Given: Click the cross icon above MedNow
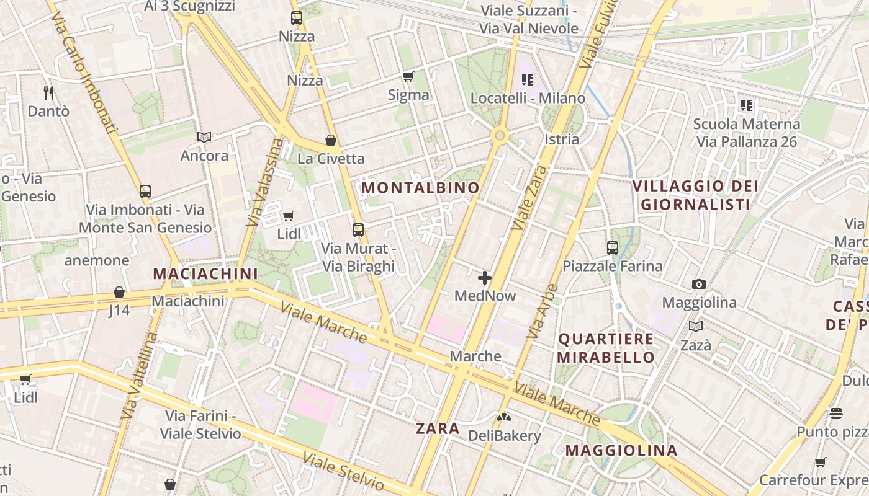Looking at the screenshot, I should tap(485, 277).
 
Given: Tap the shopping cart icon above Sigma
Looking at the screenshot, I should tap(408, 77).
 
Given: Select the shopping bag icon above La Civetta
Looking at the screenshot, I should tap(331, 140).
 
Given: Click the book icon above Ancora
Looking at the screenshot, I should tap(204, 137).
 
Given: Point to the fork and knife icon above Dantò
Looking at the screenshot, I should tap(48, 92).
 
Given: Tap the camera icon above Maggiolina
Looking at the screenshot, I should tap(699, 284).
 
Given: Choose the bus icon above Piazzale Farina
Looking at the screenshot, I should tap(613, 248).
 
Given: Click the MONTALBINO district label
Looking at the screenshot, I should tap(421, 187).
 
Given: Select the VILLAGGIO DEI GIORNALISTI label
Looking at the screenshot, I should tap(695, 195).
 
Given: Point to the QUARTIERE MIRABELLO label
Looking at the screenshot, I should tap(606, 348).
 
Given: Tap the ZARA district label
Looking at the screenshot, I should tap(438, 428).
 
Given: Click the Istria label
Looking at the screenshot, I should tap(561, 139).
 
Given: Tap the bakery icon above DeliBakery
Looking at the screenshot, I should tap(504, 417).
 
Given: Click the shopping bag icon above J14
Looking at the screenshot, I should tap(119, 292).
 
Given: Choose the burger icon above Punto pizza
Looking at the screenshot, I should tap(836, 413).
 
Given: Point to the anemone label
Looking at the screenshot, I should tap(97, 260).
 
